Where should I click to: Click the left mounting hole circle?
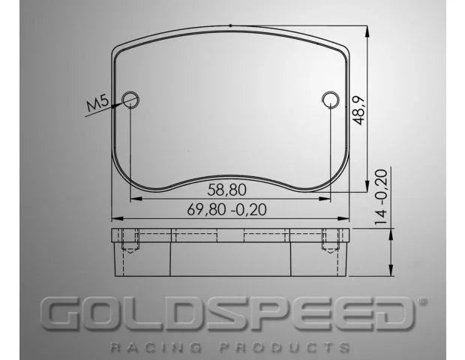tap(130, 98)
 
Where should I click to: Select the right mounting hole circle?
tap(330, 98)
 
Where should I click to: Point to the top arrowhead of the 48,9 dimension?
tap(367, 31)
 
